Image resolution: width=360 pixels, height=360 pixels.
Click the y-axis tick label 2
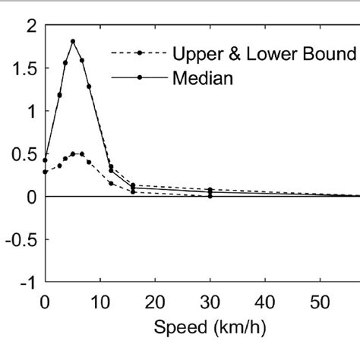(31, 26)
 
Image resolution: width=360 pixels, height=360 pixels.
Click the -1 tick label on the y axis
(28, 282)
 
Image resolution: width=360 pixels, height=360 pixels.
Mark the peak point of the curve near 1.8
(73, 41)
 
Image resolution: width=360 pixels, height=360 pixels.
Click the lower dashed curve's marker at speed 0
(45, 172)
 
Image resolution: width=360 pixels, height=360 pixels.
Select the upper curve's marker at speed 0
(45, 159)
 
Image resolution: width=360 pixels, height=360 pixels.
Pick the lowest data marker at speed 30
(210, 196)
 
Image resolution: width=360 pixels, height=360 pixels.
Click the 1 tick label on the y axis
(31, 112)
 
